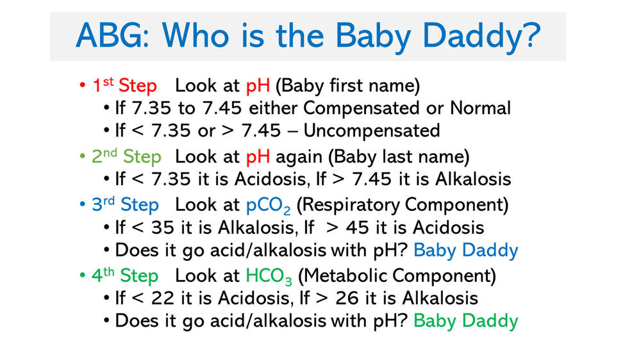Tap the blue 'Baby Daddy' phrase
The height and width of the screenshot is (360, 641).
(x=465, y=250)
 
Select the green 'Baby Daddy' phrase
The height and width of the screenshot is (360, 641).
(x=465, y=320)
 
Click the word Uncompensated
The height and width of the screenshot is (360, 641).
(x=371, y=131)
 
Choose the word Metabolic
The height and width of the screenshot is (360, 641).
(x=354, y=276)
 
